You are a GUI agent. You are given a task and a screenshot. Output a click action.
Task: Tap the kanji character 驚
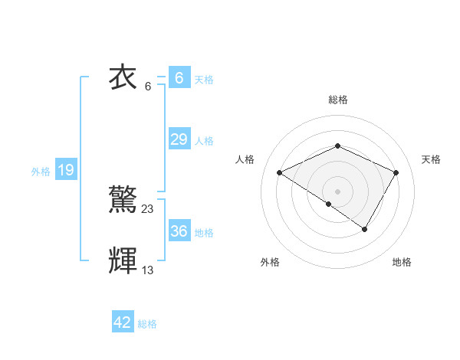(x=124, y=200)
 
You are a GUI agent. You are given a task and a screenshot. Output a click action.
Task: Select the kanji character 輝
(x=124, y=260)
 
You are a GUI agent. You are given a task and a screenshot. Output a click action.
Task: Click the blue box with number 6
(x=179, y=78)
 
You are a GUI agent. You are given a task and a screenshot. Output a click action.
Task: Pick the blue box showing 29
(x=179, y=139)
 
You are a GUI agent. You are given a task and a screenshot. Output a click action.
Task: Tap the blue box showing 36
(x=179, y=231)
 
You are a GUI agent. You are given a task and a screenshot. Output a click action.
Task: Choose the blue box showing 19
(x=65, y=170)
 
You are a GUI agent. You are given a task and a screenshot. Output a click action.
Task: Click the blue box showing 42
(x=123, y=322)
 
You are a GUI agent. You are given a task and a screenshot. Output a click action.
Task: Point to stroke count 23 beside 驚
(x=148, y=208)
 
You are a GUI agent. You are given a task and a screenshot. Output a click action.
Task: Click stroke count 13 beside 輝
(x=148, y=270)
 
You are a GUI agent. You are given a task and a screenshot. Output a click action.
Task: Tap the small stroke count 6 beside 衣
(x=148, y=86)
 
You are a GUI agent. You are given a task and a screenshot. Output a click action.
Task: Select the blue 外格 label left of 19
(x=41, y=172)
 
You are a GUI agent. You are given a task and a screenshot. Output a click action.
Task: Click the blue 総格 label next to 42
(x=147, y=324)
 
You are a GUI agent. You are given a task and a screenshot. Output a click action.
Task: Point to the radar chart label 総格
(x=337, y=100)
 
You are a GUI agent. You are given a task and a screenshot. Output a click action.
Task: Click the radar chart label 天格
(x=431, y=159)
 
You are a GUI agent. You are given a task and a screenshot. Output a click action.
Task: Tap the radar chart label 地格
(x=402, y=262)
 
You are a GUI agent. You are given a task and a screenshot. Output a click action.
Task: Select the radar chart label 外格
(x=270, y=262)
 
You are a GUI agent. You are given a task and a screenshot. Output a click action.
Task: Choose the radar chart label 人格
(x=245, y=159)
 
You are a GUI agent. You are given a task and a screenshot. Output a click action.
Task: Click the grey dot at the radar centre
(x=337, y=191)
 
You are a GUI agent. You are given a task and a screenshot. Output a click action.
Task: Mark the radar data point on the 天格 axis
(x=396, y=172)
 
